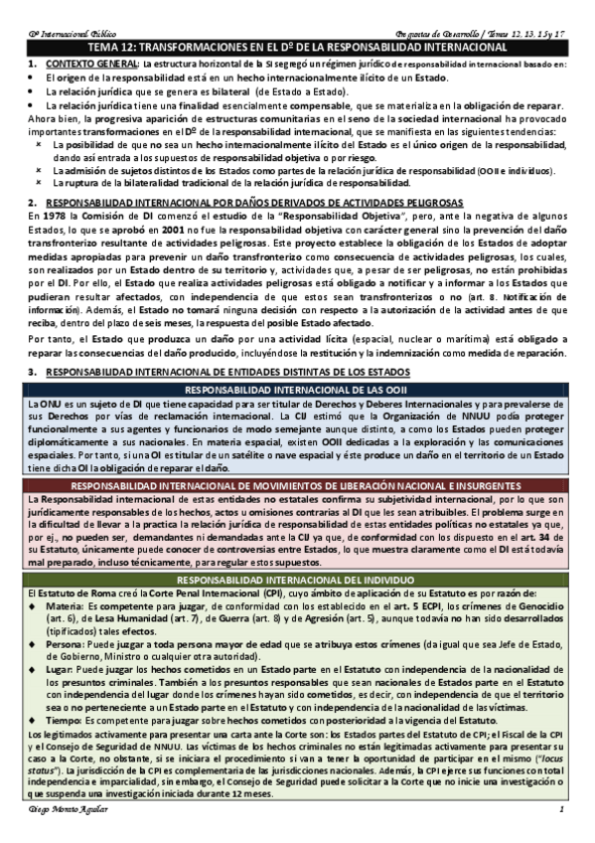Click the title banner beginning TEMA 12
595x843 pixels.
pos(297,47)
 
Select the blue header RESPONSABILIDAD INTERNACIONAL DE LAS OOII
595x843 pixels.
pos(297,390)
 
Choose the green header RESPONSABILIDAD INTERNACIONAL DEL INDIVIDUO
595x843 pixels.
pos(297,580)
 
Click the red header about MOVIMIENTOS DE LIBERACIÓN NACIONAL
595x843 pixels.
pos(297,484)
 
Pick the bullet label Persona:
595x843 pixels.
pos(67,643)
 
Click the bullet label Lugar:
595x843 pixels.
pos(61,671)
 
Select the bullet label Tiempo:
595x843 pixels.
pos(65,720)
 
